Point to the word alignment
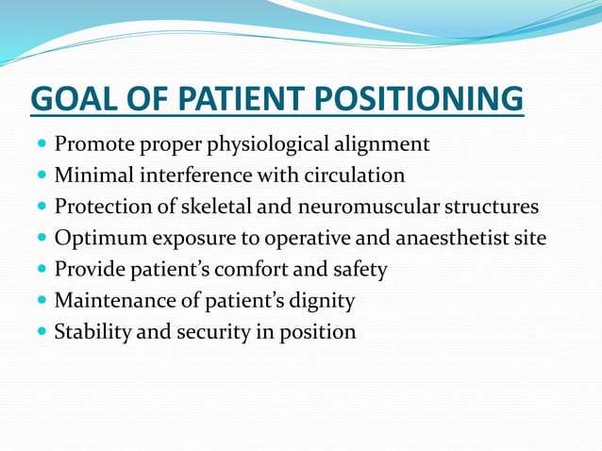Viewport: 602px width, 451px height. click(x=383, y=144)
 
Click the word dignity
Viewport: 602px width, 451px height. click(x=323, y=300)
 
